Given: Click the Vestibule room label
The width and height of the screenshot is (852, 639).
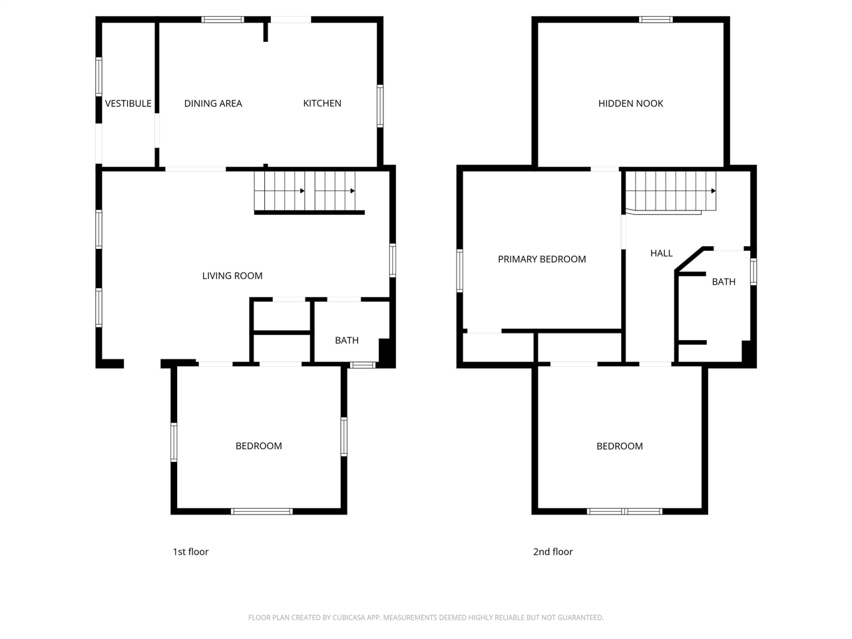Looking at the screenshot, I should [x=128, y=103].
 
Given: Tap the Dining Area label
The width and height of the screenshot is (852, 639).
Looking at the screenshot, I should [x=213, y=103].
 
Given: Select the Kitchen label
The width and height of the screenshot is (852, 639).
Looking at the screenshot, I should [x=322, y=103].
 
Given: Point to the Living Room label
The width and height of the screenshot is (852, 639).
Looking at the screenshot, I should [x=232, y=276].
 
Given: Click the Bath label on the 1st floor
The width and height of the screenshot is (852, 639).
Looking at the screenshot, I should [x=347, y=340].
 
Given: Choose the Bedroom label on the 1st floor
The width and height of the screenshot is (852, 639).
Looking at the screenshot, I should [x=259, y=446].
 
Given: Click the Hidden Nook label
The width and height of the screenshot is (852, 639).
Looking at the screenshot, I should [x=630, y=103].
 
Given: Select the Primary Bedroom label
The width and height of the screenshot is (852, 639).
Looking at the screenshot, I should [x=542, y=260].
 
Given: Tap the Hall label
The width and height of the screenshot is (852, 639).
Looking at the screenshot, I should [x=662, y=253].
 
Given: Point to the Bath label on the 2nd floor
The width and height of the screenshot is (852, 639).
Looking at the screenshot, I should [x=724, y=282].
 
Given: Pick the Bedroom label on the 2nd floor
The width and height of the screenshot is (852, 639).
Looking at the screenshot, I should [x=620, y=446].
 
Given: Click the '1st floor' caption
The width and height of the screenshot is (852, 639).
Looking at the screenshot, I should [x=190, y=552].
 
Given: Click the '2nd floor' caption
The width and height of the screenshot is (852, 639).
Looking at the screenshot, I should [x=552, y=552].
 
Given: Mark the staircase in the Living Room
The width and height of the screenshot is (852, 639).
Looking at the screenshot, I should [x=306, y=191].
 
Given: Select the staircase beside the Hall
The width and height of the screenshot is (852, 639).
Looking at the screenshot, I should [x=671, y=192].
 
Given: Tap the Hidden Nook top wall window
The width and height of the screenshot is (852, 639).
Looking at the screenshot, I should [x=656, y=19].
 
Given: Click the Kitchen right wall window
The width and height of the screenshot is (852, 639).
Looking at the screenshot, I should [x=380, y=105].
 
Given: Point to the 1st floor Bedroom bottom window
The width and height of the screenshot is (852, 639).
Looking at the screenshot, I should [x=262, y=511].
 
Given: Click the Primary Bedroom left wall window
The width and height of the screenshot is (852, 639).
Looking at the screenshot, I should [x=459, y=270].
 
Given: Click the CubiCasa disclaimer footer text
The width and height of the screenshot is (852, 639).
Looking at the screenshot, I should [x=426, y=618].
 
